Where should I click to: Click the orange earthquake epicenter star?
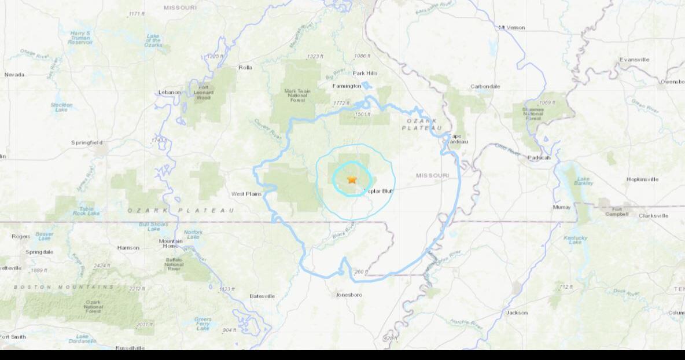click(352, 179)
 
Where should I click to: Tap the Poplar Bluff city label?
click(378, 190)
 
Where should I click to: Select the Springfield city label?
click(87, 142)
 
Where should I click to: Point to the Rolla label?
click(245, 68)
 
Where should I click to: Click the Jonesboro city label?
click(349, 295)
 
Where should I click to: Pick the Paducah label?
click(539, 157)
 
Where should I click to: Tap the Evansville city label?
click(634, 60)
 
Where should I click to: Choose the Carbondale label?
click(485, 86)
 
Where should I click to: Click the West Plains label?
click(246, 194)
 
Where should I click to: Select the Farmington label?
click(347, 86)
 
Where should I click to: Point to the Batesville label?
click(262, 296)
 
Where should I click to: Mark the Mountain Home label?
click(171, 244)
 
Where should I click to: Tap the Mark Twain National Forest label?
click(298, 95)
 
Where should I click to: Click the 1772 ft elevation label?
click(341, 103)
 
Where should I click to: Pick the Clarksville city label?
click(653, 215)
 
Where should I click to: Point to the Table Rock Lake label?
click(87, 211)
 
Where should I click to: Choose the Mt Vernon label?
click(511, 27)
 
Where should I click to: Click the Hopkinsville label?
click(642, 179)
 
